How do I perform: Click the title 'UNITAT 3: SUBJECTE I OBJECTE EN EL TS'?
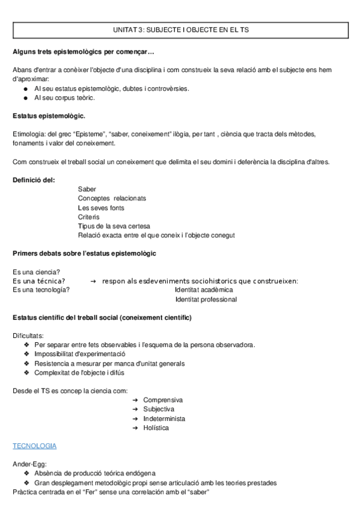[180, 29]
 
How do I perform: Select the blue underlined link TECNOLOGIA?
[35, 446]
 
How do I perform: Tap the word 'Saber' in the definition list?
[87, 189]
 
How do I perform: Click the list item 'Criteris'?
[89, 217]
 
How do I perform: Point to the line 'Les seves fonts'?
[101, 207]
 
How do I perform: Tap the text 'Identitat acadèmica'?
[204, 290]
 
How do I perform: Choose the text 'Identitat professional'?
[206, 300]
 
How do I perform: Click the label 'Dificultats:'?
[28, 335]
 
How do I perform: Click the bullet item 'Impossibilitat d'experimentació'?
[84, 354]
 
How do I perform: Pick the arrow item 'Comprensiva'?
[163, 400]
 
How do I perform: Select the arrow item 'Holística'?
[156, 428]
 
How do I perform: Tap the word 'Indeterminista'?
[164, 419]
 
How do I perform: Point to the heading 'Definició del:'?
[34, 179]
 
